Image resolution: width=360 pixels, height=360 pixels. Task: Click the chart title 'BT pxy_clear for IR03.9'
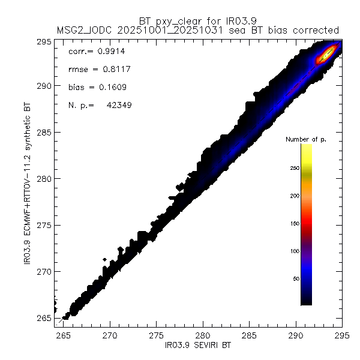pyautogui.click(x=197, y=19)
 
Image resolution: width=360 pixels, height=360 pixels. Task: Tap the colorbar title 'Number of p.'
pyautogui.click(x=304, y=139)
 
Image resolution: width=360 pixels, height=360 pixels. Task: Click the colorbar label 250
pyautogui.click(x=295, y=169)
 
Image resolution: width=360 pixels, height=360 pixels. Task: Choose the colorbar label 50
pyautogui.click(x=296, y=279)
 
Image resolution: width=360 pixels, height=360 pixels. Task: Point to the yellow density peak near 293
pyautogui.click(x=325, y=55)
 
